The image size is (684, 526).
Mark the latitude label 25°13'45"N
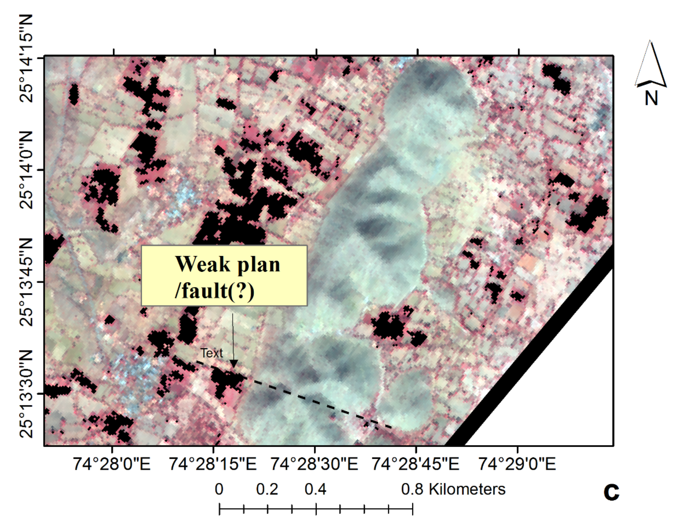click(26, 282)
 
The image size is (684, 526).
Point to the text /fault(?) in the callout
click(215, 291)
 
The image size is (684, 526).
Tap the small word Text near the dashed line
click(212, 353)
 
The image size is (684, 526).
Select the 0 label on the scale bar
click(219, 489)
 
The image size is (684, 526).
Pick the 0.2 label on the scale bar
click(267, 489)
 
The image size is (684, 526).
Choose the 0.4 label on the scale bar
click(316, 489)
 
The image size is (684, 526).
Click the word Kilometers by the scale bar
click(467, 489)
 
